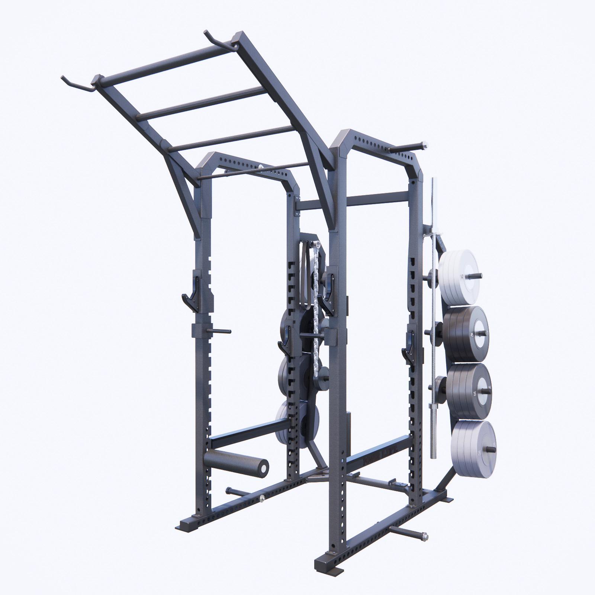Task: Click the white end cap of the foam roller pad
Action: click(x=263, y=466)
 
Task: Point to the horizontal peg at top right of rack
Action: click(x=409, y=146)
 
